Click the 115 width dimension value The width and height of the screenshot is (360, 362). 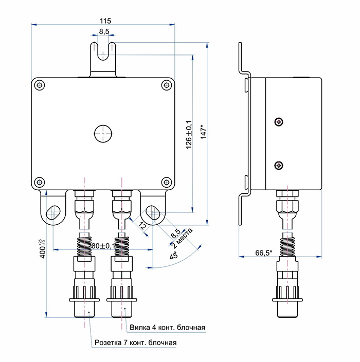pyautogui.click(x=105, y=21)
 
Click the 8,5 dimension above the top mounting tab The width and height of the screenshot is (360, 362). pyautogui.click(x=104, y=32)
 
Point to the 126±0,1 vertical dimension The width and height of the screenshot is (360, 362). pyautogui.click(x=188, y=135)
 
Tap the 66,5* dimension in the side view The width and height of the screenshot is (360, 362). pyautogui.click(x=263, y=252)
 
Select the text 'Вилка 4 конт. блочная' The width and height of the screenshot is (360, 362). pyautogui.click(x=167, y=328)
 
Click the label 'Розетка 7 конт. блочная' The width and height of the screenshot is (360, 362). pyautogui.click(x=135, y=342)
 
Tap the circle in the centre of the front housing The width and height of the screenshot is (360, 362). pyautogui.click(x=103, y=133)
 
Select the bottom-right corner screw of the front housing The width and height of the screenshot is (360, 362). pyautogui.click(x=165, y=182)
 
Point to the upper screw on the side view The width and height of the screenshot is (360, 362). pyautogui.click(x=278, y=121)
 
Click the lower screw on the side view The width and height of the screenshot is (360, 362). pyautogui.click(x=278, y=165)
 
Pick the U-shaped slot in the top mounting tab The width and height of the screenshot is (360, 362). pyautogui.click(x=104, y=51)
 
